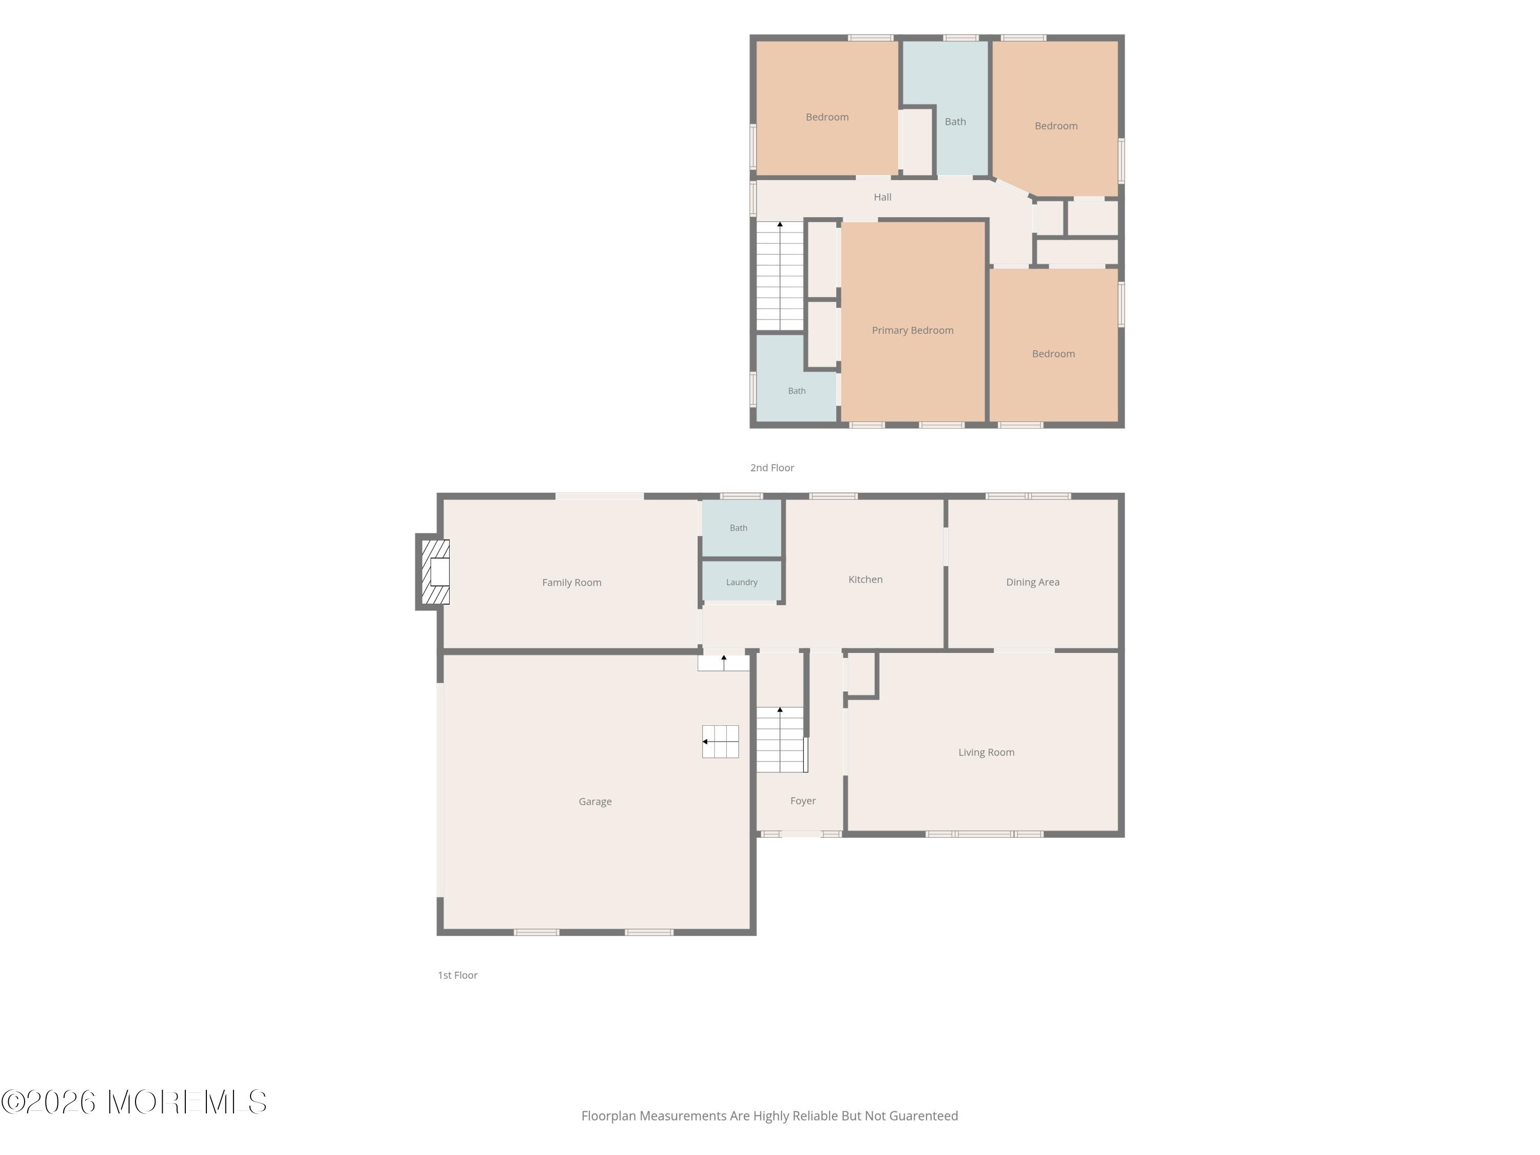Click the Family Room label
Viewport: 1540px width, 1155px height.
(571, 583)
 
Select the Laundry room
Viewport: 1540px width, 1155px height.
(741, 581)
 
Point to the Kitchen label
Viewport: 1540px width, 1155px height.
(865, 579)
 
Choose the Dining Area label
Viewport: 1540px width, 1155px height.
(1032, 582)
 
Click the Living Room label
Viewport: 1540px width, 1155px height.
(986, 752)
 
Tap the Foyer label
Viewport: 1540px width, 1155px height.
(803, 801)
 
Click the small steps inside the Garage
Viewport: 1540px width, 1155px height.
(721, 741)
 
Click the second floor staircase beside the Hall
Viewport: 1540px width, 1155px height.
(780, 276)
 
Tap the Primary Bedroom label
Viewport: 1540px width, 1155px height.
(912, 330)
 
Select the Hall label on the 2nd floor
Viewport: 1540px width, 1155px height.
(882, 197)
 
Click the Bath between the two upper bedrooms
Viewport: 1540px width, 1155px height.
(955, 121)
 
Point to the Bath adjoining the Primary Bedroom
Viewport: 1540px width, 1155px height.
(797, 391)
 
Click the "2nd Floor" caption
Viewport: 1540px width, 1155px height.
(772, 468)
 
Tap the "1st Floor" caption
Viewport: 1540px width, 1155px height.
(457, 975)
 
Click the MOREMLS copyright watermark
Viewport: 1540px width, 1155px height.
(133, 1102)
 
